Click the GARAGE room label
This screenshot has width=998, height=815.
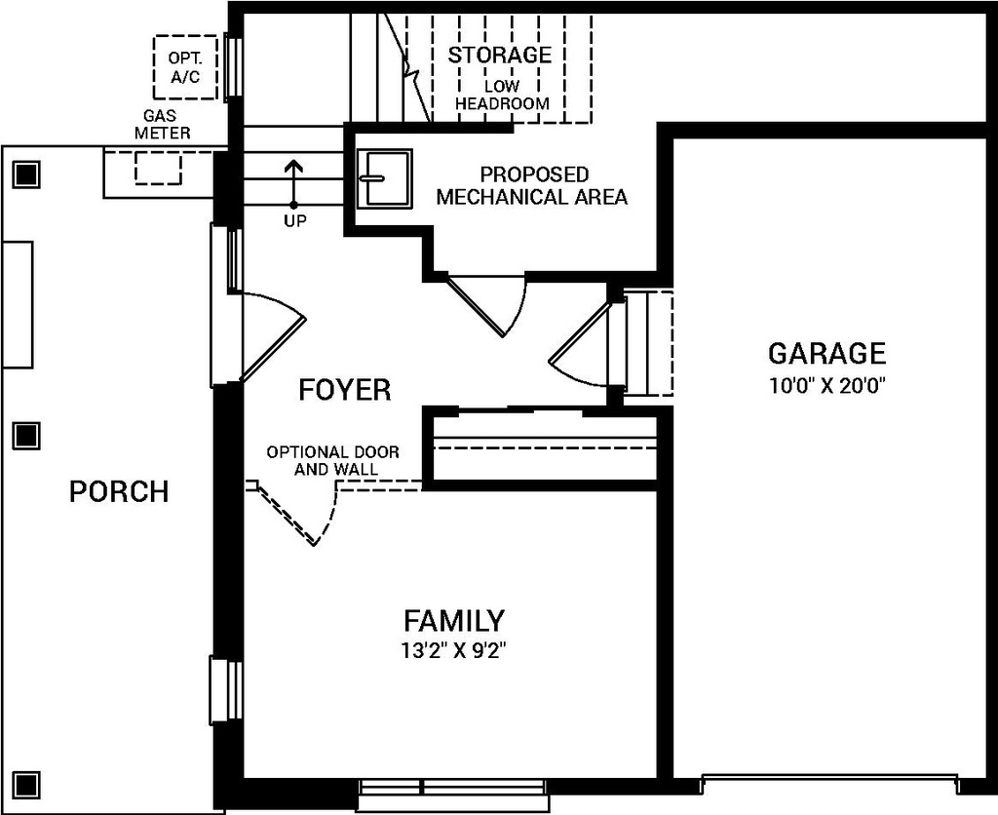[826, 353]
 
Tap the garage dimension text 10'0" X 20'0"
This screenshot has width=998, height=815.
[826, 384]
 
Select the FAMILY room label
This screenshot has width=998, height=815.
[454, 620]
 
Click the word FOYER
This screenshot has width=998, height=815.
[344, 390]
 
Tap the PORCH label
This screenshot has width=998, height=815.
[119, 491]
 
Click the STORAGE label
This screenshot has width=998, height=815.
[499, 55]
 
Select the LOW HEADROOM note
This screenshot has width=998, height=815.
[502, 95]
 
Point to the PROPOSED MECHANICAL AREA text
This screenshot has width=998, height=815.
[532, 185]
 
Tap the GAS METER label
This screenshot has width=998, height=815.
[162, 124]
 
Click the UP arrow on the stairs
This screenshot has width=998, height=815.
[292, 180]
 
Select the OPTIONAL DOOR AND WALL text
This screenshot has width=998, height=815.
[322, 461]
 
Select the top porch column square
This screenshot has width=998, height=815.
[26, 175]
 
